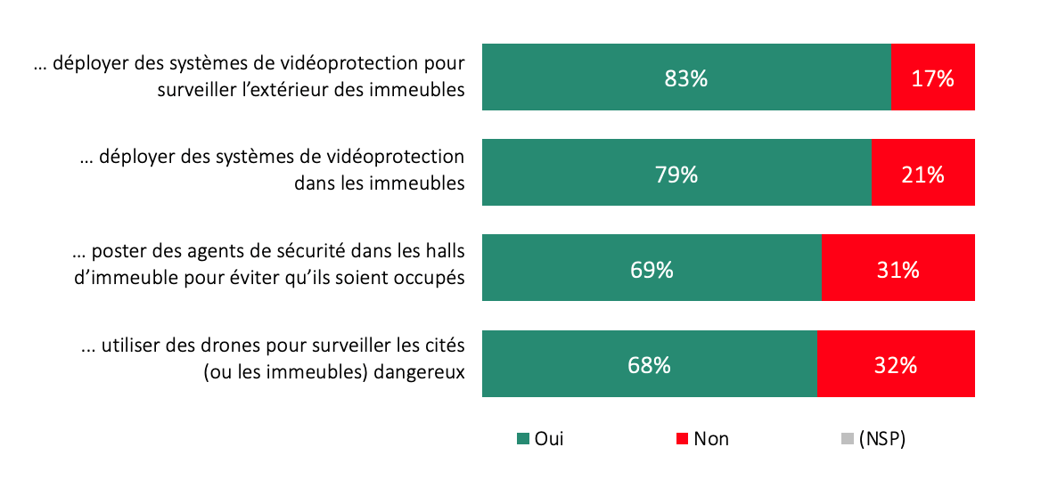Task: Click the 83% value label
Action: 685,78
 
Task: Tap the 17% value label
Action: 932,78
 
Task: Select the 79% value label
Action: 676,174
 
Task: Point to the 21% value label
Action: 922,174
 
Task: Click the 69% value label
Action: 652,269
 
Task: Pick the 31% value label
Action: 898,269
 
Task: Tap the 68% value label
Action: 649,364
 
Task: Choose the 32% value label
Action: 896,364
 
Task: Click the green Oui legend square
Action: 523,439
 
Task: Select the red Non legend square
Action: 683,439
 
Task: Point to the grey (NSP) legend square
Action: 847,439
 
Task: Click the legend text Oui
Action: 549,439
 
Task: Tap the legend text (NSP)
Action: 881,439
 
